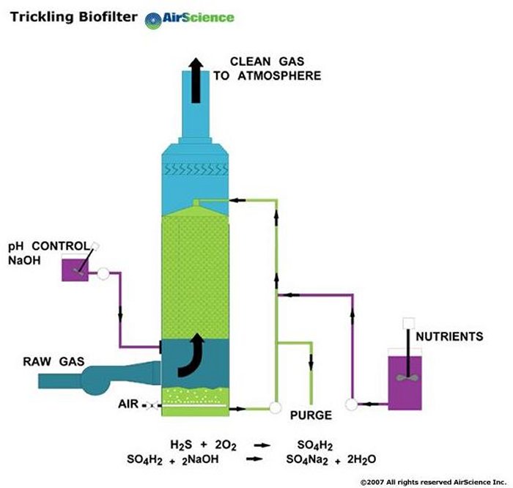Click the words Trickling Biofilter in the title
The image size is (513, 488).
73,17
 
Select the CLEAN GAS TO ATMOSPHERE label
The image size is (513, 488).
267,68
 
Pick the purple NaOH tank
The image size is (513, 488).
76,270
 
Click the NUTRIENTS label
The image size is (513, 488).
449,337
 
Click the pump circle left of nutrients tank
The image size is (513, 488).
352,404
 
